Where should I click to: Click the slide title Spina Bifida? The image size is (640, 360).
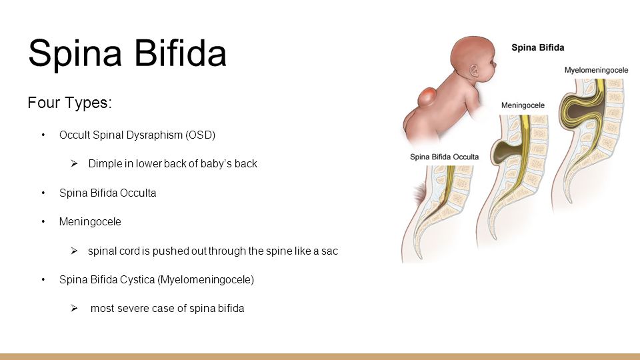point(127,53)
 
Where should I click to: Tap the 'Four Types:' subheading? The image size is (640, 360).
point(69,103)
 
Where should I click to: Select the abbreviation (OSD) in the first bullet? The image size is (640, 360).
point(200,135)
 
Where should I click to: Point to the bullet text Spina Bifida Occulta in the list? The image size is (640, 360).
point(108,193)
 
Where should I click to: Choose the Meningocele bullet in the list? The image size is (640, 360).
point(90,221)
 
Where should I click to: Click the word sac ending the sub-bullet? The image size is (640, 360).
point(329,251)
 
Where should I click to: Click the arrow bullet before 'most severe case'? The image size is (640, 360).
point(74,308)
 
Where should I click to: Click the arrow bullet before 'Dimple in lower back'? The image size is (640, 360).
point(74,164)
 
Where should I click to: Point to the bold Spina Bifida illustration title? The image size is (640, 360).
point(537,47)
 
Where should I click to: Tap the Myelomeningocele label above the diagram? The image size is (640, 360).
point(596,70)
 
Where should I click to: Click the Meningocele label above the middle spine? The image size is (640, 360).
point(523,105)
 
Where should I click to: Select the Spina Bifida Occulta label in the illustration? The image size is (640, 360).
point(444,157)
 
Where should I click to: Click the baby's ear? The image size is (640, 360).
point(474,71)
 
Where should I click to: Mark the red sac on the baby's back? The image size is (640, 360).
point(427,97)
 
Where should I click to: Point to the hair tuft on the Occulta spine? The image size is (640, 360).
point(419,193)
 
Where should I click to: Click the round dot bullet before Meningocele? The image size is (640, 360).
point(43,221)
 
